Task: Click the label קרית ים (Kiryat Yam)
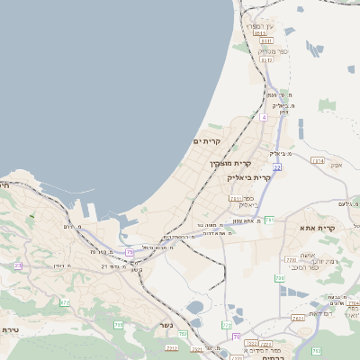click(x=207, y=141)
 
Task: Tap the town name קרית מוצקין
click(x=229, y=163)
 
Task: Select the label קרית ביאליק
click(x=247, y=178)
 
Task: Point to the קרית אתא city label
click(x=318, y=229)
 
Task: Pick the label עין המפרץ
click(x=261, y=28)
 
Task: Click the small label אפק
click(x=336, y=165)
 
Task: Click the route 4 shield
click(x=264, y=117)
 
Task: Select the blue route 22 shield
click(x=278, y=167)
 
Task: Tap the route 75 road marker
click(x=130, y=252)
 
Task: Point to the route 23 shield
click(x=18, y=265)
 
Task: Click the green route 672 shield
click(x=65, y=302)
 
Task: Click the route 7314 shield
click(x=317, y=160)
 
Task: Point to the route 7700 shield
click(x=290, y=260)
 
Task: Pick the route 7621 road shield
click(x=298, y=318)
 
